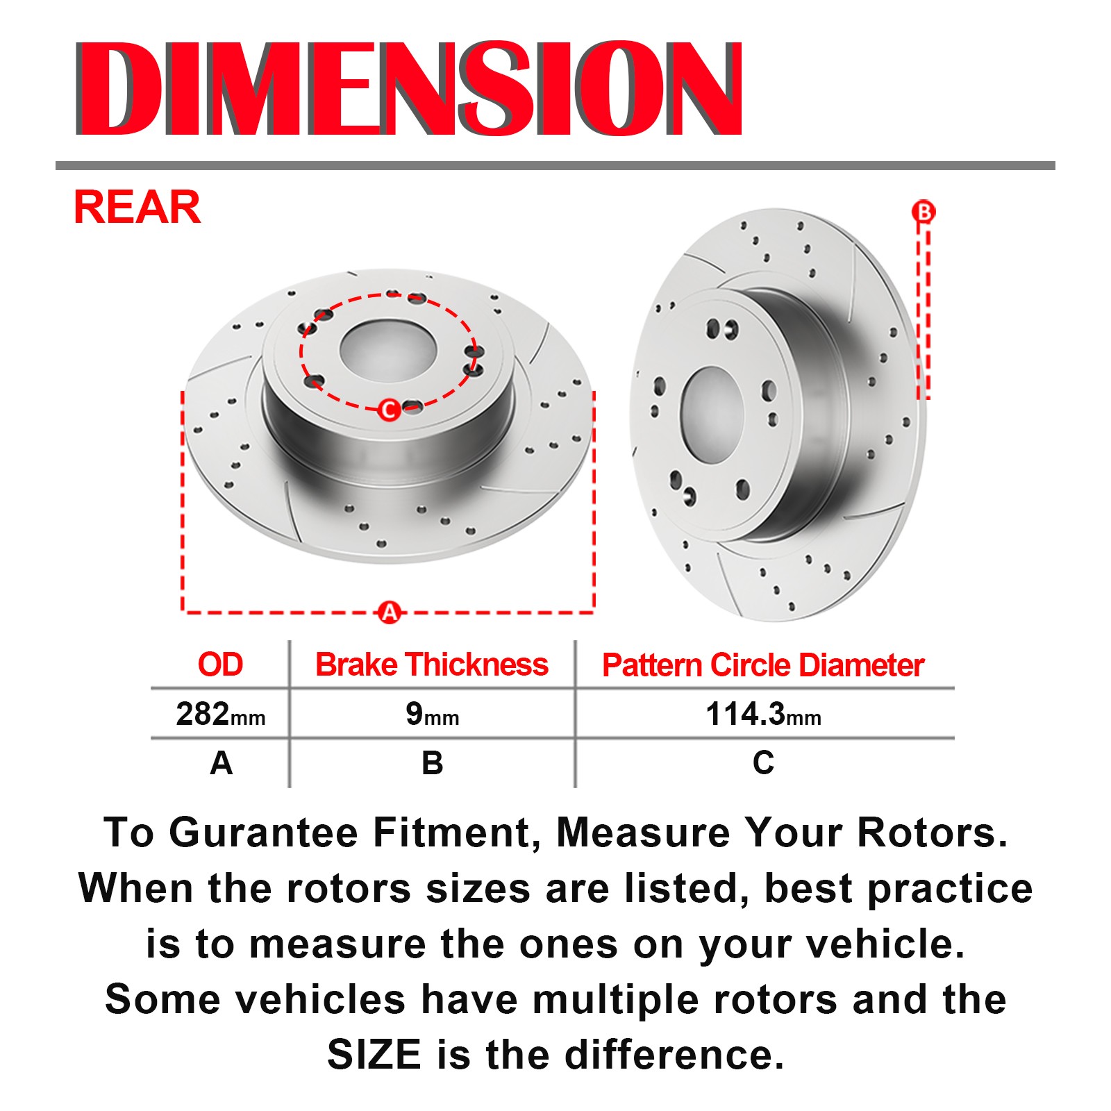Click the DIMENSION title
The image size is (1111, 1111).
(x=409, y=88)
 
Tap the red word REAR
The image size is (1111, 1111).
(x=137, y=207)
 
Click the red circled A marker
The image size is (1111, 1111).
(x=390, y=612)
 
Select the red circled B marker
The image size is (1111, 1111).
(x=924, y=212)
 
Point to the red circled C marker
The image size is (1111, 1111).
(x=390, y=410)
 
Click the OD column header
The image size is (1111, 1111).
(x=220, y=665)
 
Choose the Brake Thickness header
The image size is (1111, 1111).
(x=432, y=665)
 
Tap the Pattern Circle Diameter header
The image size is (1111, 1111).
(x=763, y=665)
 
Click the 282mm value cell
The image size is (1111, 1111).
(x=221, y=714)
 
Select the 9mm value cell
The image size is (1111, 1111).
(x=432, y=714)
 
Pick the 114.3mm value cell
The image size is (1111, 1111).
(x=763, y=714)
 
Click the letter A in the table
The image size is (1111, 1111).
(x=221, y=763)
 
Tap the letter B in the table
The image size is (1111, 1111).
(x=432, y=763)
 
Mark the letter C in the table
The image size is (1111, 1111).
(x=763, y=763)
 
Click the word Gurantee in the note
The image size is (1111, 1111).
(x=264, y=833)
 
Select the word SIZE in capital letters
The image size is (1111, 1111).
(x=374, y=1055)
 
